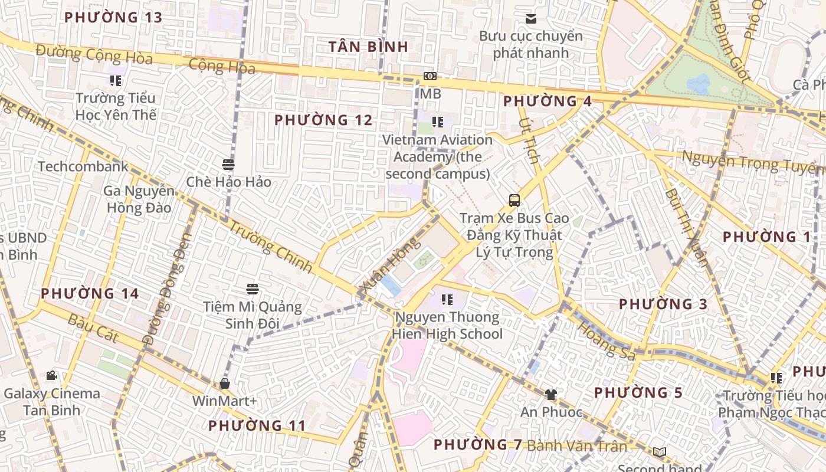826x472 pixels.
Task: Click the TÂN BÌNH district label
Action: click(368, 47)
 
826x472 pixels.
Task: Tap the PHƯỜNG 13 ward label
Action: click(113, 17)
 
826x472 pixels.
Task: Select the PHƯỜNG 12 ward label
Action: click(323, 120)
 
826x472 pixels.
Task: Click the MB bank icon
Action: click(430, 76)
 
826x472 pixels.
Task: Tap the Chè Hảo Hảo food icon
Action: click(228, 164)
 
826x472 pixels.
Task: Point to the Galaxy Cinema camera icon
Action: click(51, 375)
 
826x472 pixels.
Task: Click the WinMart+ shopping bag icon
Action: click(224, 383)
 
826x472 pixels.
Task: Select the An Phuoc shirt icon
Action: click(550, 394)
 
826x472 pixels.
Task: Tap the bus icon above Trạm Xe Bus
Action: click(514, 200)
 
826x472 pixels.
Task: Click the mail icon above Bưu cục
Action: click(531, 18)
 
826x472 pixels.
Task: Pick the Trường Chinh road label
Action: click(270, 246)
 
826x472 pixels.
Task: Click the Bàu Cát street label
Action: click(93, 329)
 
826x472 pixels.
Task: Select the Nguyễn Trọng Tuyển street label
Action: click(753, 162)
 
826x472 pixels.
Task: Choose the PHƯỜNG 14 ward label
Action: click(90, 293)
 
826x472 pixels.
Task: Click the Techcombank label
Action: click(83, 167)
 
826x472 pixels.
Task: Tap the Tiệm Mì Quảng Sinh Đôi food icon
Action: click(253, 289)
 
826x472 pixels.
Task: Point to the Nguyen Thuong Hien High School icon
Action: click(447, 300)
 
